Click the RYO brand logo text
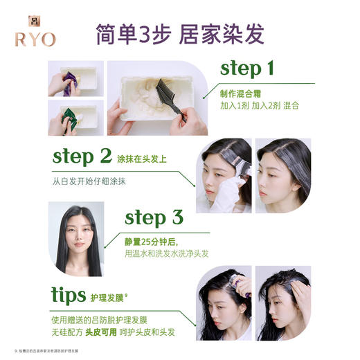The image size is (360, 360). pos(34,38)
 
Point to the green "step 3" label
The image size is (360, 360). pos(153,217)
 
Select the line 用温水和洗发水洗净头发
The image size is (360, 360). pos(166,253)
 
